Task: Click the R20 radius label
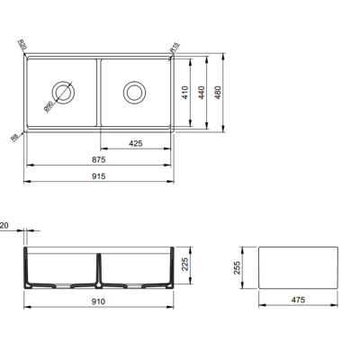click(x=22, y=46)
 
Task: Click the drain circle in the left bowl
click(x=63, y=91)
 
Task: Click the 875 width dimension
click(x=97, y=161)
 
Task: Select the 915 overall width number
click(x=98, y=175)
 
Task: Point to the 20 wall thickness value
click(x=5, y=227)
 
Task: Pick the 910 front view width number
click(x=98, y=301)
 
